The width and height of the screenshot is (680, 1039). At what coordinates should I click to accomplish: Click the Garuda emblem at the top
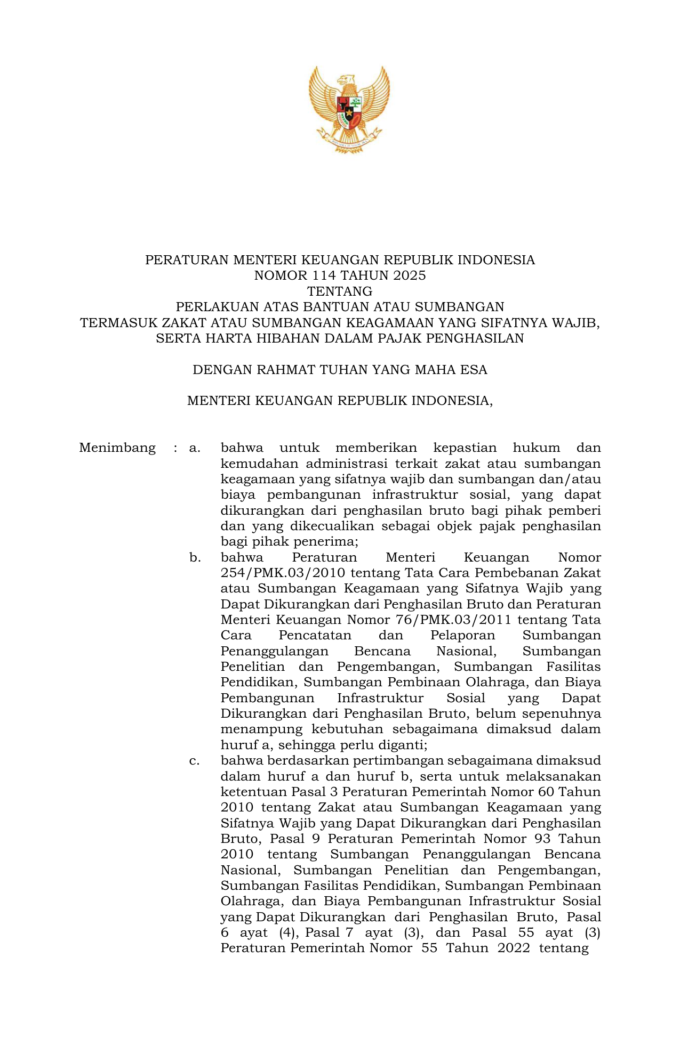coord(349,109)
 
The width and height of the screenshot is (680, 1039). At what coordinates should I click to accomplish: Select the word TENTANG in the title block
coord(340,291)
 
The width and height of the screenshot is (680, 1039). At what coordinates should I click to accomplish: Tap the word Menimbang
coord(117,448)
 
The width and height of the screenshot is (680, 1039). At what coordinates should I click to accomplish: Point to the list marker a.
coord(195,448)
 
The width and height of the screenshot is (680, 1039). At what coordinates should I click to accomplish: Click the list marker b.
coord(195,558)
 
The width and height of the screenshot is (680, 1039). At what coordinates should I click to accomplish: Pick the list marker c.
coord(195,760)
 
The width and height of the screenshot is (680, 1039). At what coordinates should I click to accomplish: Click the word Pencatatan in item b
coord(315,636)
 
